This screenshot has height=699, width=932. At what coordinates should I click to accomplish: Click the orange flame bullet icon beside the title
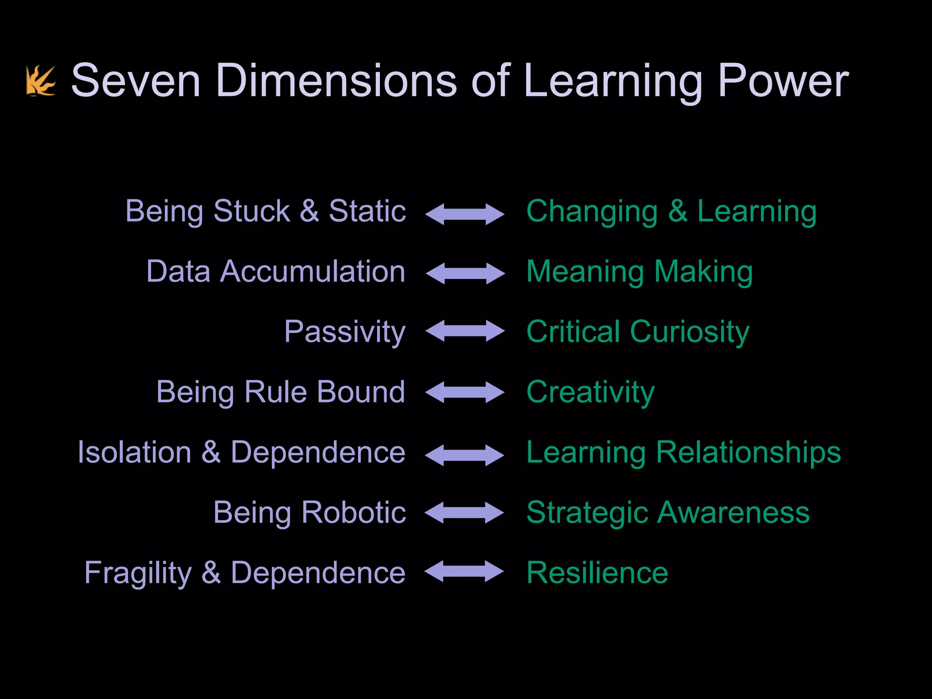pos(41,81)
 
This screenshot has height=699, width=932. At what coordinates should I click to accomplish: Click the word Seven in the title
pos(136,81)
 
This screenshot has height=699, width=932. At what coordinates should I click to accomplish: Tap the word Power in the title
pos(783,81)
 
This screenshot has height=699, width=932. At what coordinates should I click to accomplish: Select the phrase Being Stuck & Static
pos(265,211)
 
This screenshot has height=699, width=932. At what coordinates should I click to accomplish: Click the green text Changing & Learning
pos(671,211)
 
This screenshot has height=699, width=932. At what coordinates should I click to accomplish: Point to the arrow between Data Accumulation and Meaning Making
pos(465,273)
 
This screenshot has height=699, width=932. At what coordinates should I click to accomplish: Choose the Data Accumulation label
pos(276,272)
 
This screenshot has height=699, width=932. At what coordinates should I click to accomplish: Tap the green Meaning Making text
pos(639,272)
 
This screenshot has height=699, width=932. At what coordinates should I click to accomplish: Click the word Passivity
pos(344,332)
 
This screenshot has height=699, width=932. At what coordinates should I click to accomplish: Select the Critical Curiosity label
pos(638,332)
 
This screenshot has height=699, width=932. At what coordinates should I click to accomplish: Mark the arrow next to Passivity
pos(465,330)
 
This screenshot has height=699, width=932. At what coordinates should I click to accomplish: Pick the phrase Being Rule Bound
pos(280,392)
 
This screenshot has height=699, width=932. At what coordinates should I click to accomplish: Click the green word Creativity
pos(590,392)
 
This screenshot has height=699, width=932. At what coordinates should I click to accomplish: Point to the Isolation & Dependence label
pos(241,452)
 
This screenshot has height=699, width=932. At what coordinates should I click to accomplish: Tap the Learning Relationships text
pos(684,452)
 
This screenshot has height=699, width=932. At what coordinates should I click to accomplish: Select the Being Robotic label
pos(309,512)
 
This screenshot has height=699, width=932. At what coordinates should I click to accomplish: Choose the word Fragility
pos(138,573)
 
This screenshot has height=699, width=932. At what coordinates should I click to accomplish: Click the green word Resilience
pos(597,573)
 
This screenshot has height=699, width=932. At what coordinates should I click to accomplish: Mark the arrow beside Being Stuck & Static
pos(465,214)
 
